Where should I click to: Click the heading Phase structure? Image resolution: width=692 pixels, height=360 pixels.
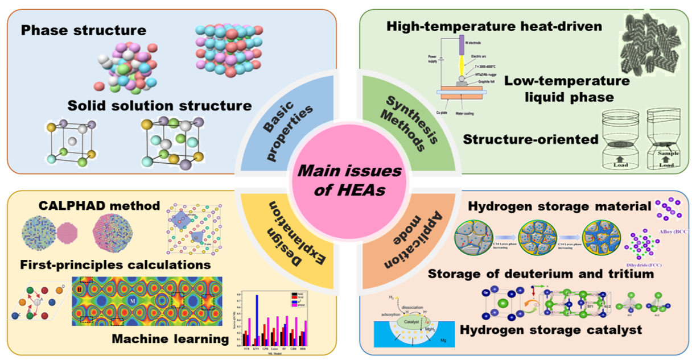pos(84,30)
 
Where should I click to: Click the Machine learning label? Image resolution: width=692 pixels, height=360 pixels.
pos(170,339)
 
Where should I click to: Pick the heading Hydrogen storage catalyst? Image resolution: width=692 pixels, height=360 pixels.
pos(551,329)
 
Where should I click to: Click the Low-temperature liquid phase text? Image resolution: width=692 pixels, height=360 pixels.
pos(567,89)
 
